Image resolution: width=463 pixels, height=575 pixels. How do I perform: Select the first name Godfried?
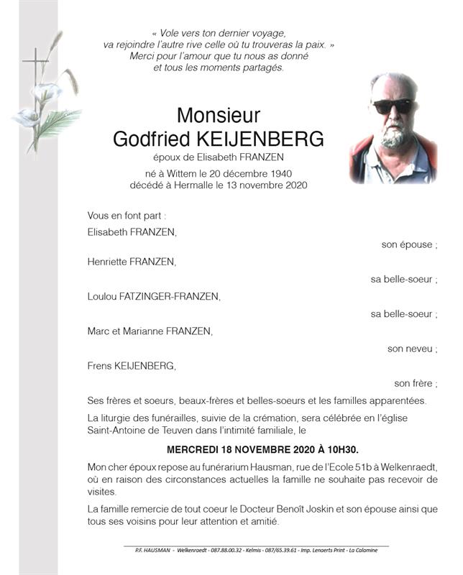point(150,139)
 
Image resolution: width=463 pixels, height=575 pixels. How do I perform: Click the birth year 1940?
point(277,173)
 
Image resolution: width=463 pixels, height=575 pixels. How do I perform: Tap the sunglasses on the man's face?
point(393,106)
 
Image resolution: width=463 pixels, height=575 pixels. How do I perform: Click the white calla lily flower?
point(47,92)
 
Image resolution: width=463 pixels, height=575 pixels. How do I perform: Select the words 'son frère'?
point(416,383)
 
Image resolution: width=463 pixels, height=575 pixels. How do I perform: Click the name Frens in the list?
point(99,366)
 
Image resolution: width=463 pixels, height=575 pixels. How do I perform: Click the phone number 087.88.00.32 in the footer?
point(226,550)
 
